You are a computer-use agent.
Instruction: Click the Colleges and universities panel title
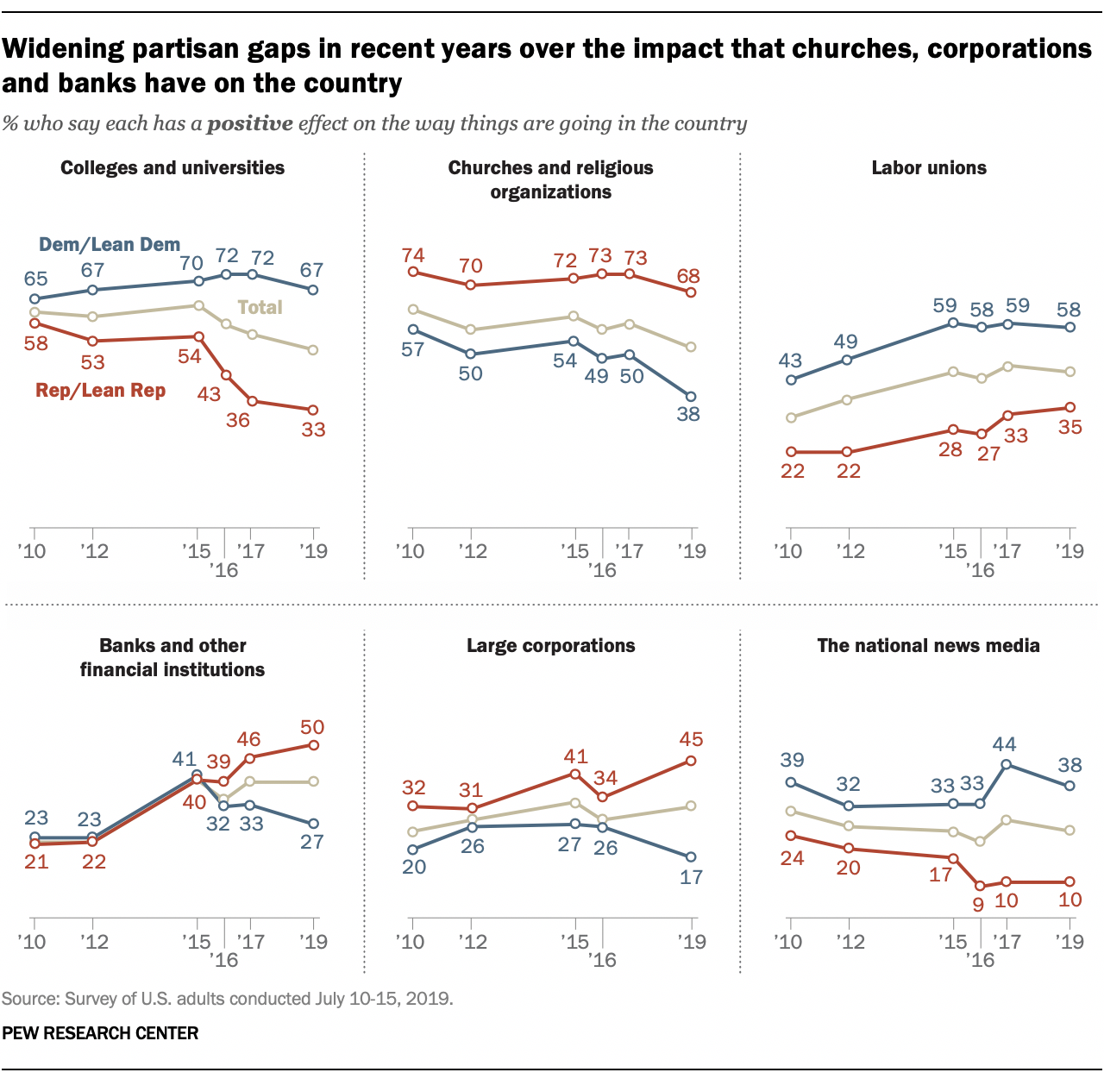pyautogui.click(x=172, y=168)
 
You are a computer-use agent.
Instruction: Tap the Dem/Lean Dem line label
pyautogui.click(x=110, y=245)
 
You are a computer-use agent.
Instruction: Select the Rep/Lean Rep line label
pyautogui.click(x=100, y=391)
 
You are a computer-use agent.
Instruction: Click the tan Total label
pyautogui.click(x=260, y=308)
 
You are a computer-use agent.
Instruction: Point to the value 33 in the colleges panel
pyautogui.click(x=313, y=429)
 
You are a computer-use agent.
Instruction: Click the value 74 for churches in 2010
pyautogui.click(x=413, y=255)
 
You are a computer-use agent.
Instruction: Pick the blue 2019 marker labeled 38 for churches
pyautogui.click(x=691, y=396)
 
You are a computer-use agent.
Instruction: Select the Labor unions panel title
pyautogui.click(x=929, y=168)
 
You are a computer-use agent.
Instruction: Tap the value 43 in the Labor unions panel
pyautogui.click(x=790, y=361)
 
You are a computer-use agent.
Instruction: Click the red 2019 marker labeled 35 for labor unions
pyautogui.click(x=1070, y=407)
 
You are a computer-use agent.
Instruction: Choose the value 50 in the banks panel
pyautogui.click(x=313, y=727)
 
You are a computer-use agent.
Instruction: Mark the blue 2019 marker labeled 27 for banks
pyautogui.click(x=313, y=824)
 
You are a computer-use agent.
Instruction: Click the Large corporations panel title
pyautogui.click(x=550, y=646)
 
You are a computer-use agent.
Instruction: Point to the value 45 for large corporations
pyautogui.click(x=691, y=739)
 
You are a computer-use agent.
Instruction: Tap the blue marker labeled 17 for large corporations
pyautogui.click(x=691, y=856)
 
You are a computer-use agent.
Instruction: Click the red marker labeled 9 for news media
pyautogui.click(x=979, y=886)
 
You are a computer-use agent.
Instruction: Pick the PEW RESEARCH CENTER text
pyautogui.click(x=100, y=1033)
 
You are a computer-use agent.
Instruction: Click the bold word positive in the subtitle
pyautogui.click(x=251, y=123)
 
